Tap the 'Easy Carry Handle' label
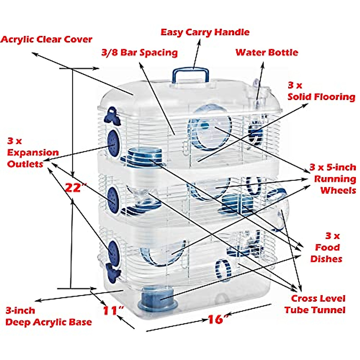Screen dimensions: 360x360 point(205,32)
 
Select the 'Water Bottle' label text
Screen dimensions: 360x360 point(267,52)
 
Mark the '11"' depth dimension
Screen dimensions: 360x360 point(113,310)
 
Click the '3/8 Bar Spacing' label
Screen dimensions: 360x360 point(139,52)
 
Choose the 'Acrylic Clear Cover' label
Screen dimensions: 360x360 point(46,39)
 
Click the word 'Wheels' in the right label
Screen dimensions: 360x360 point(338,190)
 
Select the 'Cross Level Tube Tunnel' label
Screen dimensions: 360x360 point(315,304)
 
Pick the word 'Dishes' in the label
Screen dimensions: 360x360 point(326,259)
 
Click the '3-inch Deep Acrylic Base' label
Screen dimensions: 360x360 point(48,316)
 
